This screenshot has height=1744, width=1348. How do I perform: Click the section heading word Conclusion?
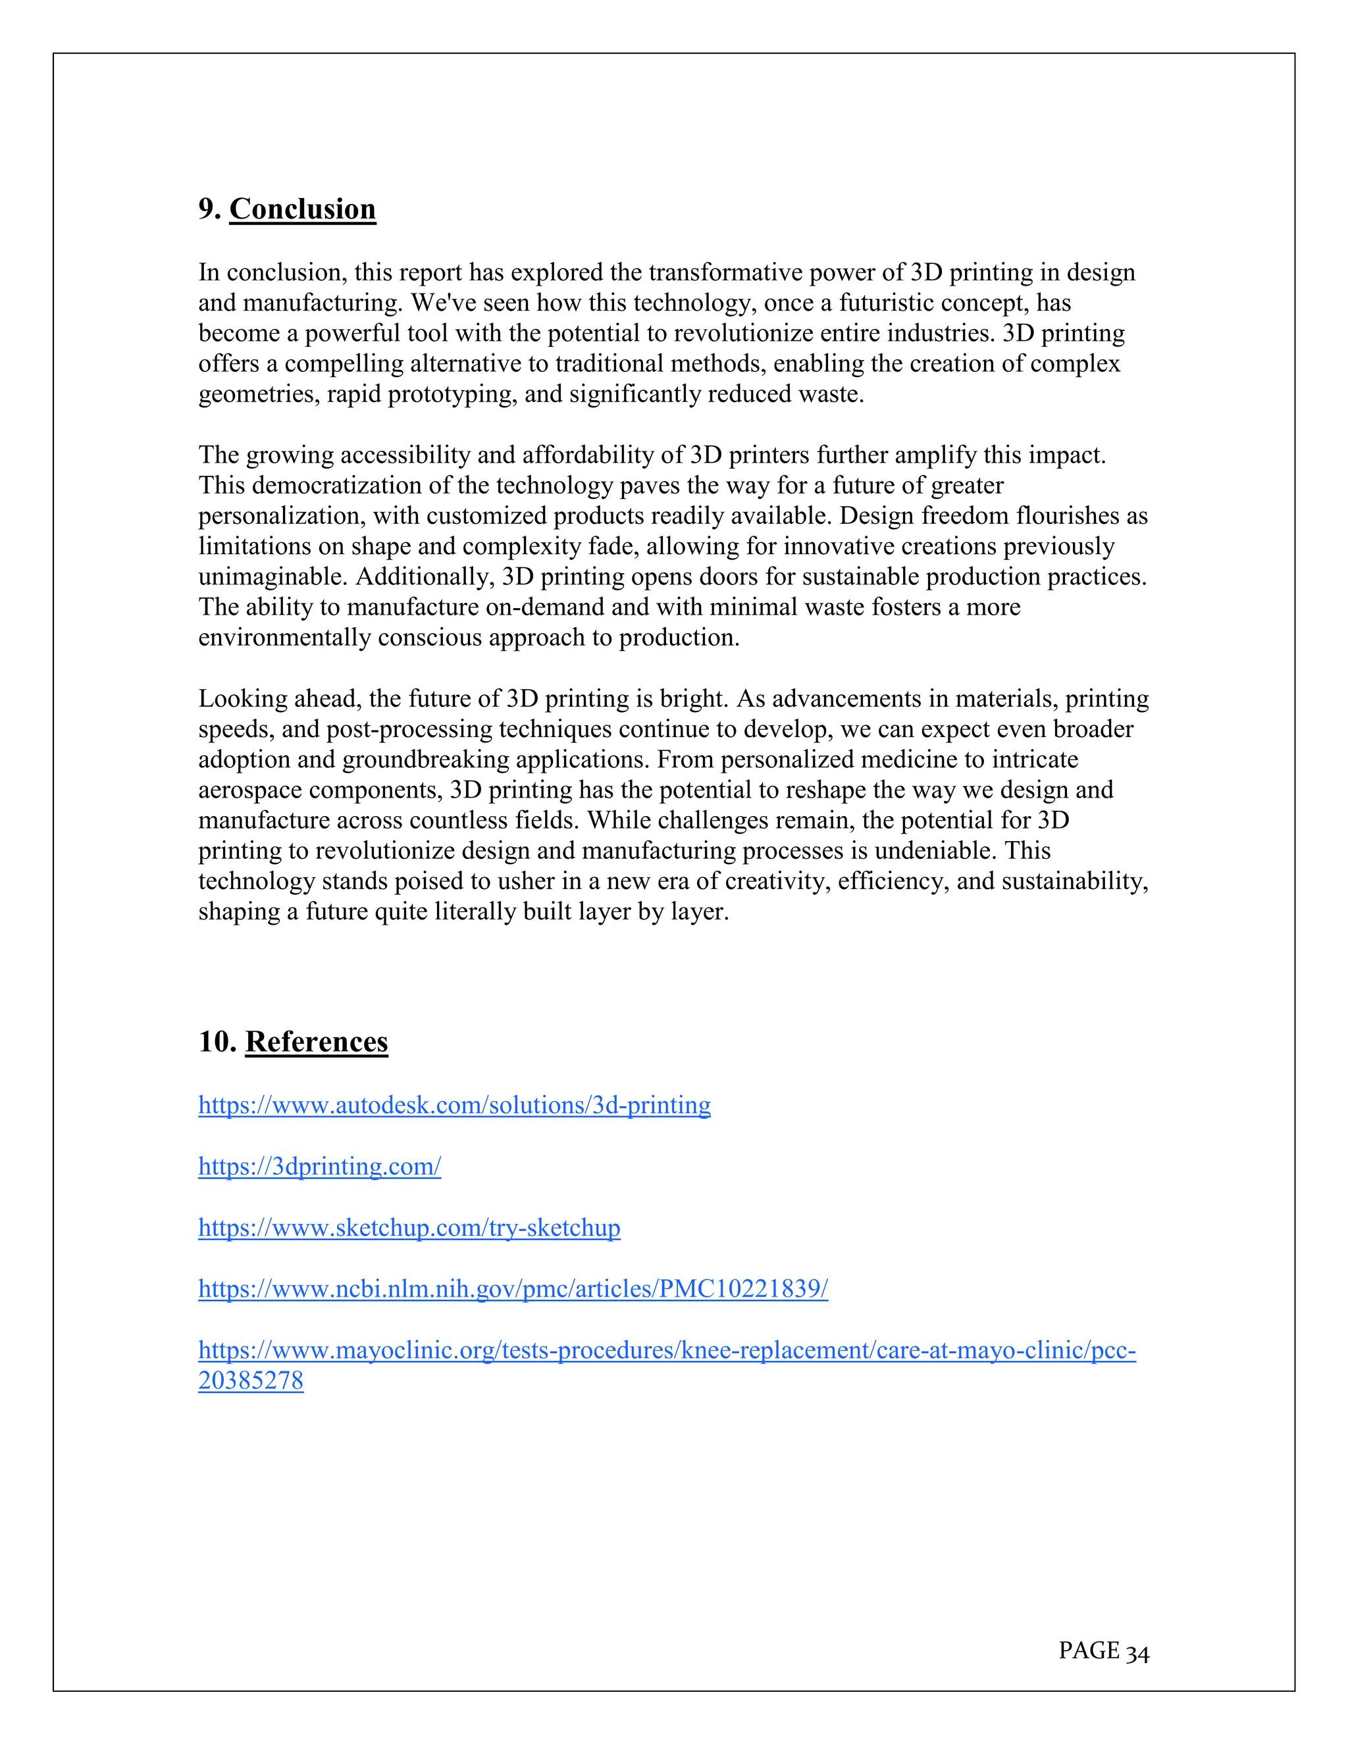(303, 209)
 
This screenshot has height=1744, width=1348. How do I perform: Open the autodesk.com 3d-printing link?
(454, 1105)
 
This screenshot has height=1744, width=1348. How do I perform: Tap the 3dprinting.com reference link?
(319, 1167)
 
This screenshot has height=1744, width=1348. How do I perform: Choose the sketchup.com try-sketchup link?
(409, 1227)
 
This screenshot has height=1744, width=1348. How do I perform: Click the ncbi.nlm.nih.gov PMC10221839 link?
(513, 1289)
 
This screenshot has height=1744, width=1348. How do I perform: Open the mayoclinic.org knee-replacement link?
(667, 1350)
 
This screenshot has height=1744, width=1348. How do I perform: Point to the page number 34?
(1137, 1651)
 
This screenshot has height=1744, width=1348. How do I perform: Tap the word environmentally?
(284, 638)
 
